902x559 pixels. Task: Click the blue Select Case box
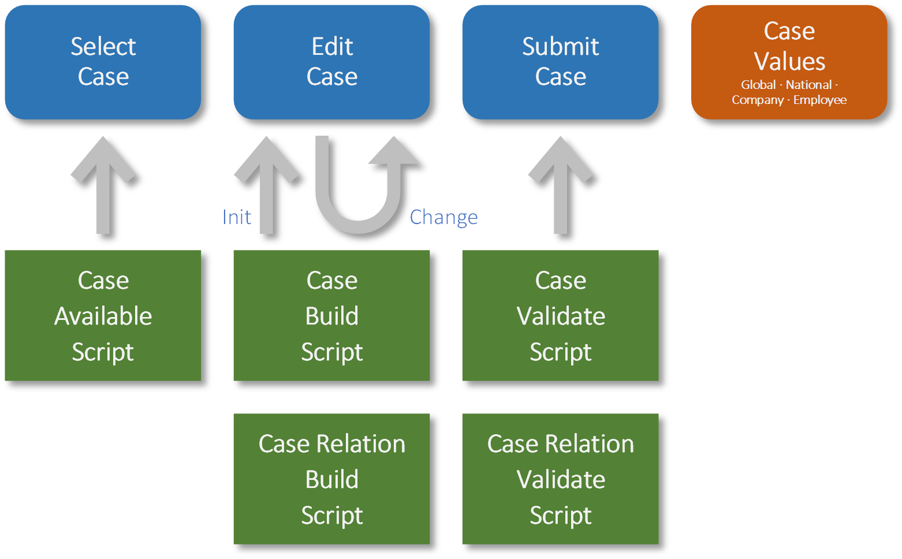[103, 62]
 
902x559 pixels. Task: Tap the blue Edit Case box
[331, 62]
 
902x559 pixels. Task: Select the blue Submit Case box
[560, 62]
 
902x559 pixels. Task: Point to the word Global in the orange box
[758, 85]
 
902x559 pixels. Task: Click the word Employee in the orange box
[820, 100]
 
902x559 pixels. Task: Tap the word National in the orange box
[808, 85]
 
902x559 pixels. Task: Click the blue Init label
[237, 217]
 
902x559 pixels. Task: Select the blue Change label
[443, 217]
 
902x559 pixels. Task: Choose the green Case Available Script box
[103, 315]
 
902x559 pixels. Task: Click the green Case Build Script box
[331, 315]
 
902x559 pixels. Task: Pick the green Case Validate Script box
[560, 315]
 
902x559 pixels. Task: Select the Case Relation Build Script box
[331, 479]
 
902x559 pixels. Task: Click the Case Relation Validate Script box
[560, 479]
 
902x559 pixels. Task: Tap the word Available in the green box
[103, 316]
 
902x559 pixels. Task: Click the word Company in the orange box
[758, 100]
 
